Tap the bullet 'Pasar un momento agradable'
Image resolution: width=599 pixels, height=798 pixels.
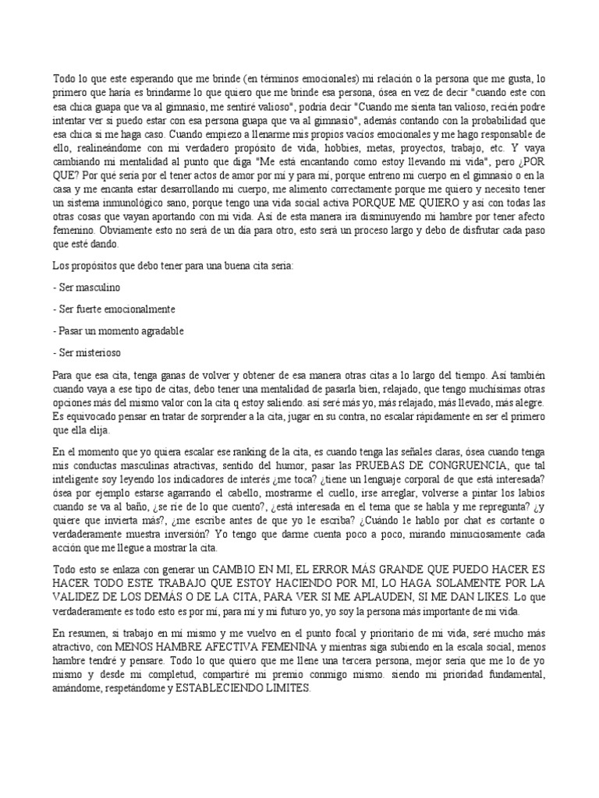[x=119, y=331]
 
